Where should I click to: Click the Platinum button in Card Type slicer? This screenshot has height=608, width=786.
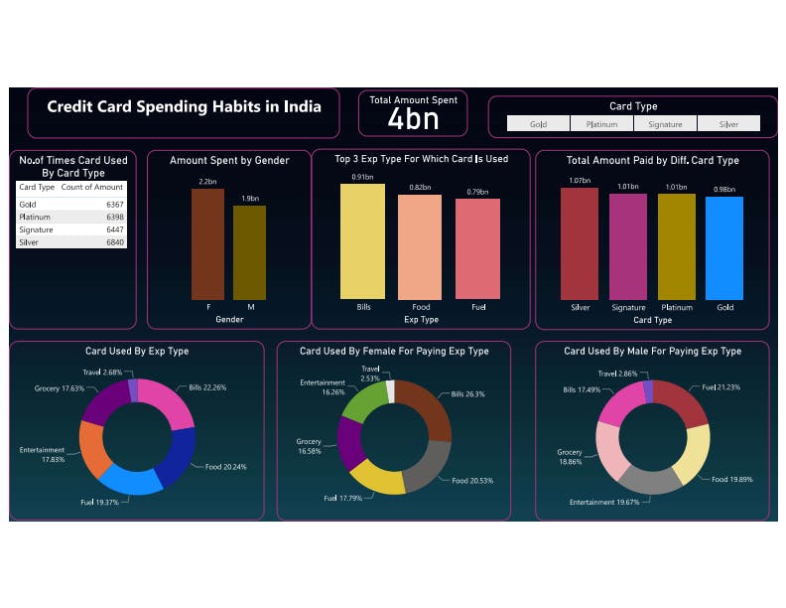click(601, 124)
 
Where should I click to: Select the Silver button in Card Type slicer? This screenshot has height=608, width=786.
click(728, 124)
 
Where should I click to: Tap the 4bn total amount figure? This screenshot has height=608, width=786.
click(413, 119)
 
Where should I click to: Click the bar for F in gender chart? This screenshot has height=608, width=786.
click(208, 243)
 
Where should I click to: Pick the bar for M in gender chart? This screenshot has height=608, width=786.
click(249, 252)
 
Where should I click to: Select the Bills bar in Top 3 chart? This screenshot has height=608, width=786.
click(363, 241)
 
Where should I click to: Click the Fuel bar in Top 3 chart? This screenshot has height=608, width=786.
click(478, 248)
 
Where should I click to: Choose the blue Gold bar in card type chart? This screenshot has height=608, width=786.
click(724, 247)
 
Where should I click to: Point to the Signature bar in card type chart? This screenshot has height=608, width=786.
click(628, 246)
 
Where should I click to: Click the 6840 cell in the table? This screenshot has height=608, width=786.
click(114, 241)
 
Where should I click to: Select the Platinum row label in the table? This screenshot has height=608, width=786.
click(35, 217)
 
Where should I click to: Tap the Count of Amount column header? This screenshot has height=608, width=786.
click(92, 187)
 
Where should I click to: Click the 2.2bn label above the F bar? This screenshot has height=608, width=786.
click(207, 182)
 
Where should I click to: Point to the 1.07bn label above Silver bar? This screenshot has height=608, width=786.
click(580, 181)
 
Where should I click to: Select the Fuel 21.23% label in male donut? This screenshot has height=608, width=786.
click(723, 386)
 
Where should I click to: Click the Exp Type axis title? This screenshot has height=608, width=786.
click(421, 320)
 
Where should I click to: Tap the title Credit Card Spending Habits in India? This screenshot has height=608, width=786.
click(185, 106)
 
